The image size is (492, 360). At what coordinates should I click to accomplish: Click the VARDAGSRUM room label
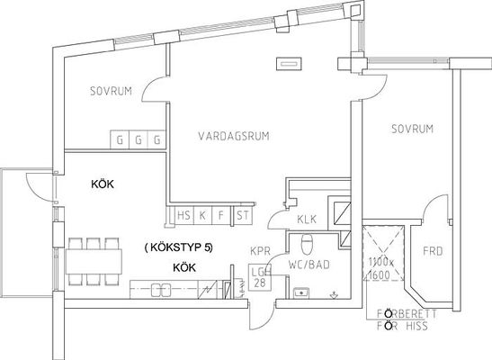click(234, 136)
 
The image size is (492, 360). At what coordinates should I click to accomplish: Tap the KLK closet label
click(307, 219)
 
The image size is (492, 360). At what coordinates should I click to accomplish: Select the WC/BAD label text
click(309, 265)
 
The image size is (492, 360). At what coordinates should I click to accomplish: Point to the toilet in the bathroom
click(307, 245)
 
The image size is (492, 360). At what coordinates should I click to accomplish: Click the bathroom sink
click(301, 292)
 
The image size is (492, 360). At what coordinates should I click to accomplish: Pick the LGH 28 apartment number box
click(260, 277)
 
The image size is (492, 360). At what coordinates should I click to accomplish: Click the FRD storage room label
click(433, 251)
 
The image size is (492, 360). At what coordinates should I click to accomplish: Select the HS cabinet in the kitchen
click(183, 215)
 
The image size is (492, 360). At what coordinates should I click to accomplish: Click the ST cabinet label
click(243, 215)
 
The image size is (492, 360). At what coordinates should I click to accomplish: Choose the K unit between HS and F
click(202, 215)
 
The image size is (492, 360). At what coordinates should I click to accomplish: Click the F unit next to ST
click(221, 215)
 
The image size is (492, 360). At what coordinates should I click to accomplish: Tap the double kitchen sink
click(161, 290)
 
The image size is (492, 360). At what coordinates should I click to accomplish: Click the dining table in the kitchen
click(94, 262)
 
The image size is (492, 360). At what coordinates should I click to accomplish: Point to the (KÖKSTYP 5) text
click(178, 247)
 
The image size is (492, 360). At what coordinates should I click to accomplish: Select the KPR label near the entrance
click(260, 251)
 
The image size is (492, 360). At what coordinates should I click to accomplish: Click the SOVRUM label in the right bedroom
click(412, 129)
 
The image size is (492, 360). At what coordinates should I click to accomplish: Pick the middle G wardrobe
click(139, 139)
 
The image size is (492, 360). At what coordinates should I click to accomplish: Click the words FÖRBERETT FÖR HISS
click(407, 320)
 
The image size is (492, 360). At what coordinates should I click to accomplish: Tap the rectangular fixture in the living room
click(289, 64)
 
